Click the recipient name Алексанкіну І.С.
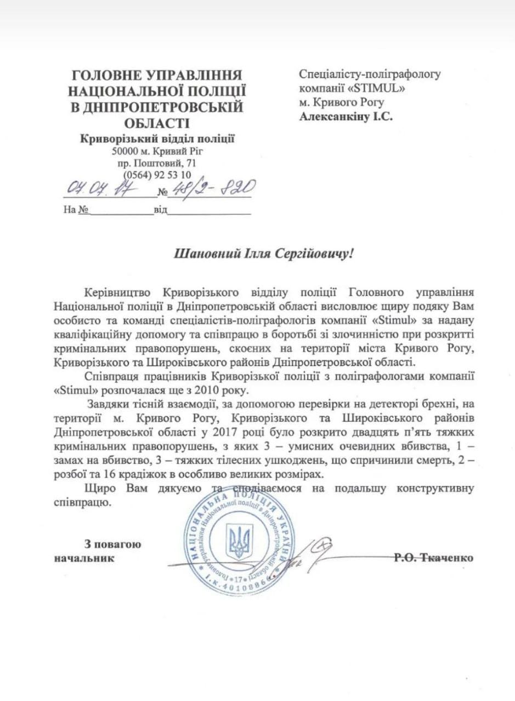[346, 116]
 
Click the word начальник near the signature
[84, 559]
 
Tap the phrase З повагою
[113, 544]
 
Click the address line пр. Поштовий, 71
[157, 163]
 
